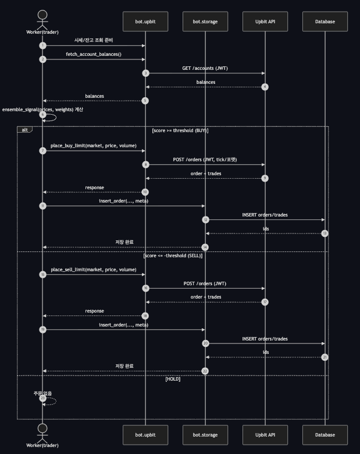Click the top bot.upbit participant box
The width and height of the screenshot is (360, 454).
pyautogui.click(x=145, y=22)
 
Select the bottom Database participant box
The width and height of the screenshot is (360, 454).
pyautogui.click(x=325, y=435)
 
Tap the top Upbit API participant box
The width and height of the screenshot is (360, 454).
pyautogui.click(x=265, y=22)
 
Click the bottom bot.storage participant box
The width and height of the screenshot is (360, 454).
pyautogui.click(x=205, y=435)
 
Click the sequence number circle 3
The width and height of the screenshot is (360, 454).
pyautogui.click(x=145, y=73)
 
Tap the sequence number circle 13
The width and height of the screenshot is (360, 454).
pyautogui.click(x=325, y=233)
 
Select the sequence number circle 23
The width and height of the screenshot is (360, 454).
pyautogui.click(x=43, y=398)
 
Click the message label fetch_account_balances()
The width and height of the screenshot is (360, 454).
pyautogui.click(x=94, y=54)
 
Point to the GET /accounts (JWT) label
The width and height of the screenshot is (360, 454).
pyautogui.click(x=205, y=68)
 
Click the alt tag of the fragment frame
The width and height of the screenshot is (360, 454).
pyautogui.click(x=25, y=130)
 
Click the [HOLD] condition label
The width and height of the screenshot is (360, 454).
pyautogui.click(x=173, y=379)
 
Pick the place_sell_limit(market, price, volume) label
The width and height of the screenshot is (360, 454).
pyautogui.click(x=94, y=269)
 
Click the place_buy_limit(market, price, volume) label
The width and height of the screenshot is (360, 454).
pyautogui.click(x=94, y=146)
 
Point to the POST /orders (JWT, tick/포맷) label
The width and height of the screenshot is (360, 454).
pyautogui.click(x=205, y=159)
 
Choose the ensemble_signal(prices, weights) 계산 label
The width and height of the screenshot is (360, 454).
pyautogui.click(x=42, y=109)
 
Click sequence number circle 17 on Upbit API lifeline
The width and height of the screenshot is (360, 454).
pyautogui.click(x=265, y=302)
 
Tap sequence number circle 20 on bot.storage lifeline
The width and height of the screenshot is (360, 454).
pyautogui.click(x=205, y=343)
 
